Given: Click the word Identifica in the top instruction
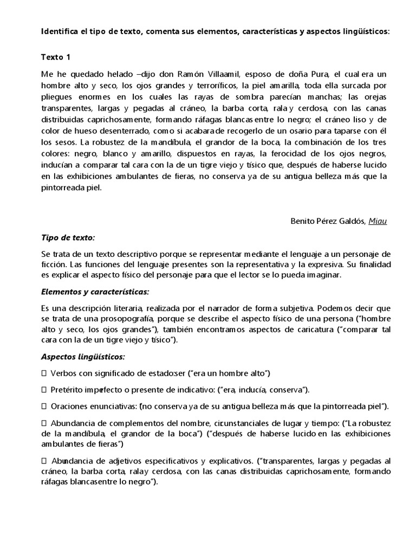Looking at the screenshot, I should point(60,31).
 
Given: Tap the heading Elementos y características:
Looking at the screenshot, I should point(95,292).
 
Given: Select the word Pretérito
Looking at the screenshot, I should point(68,390).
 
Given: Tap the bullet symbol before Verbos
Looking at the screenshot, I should point(44,373).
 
